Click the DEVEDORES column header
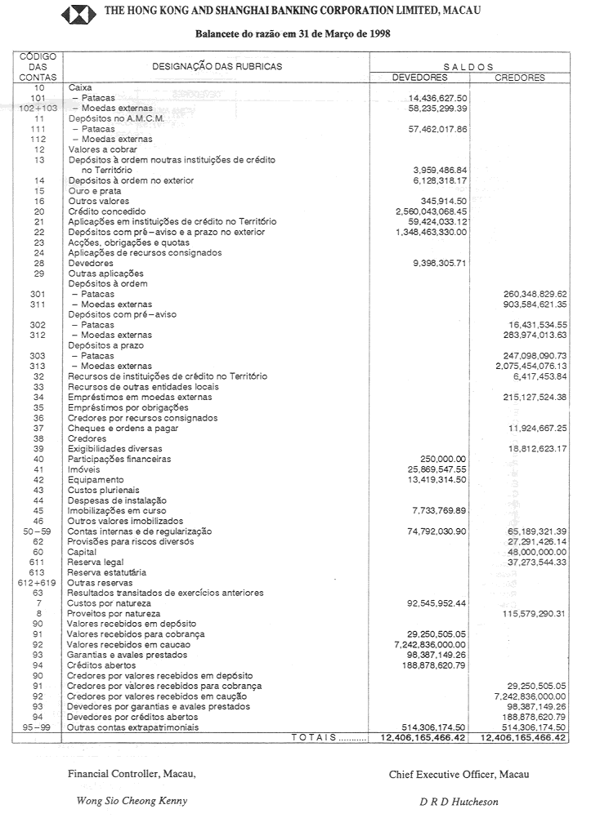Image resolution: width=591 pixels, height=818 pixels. [x=420, y=78]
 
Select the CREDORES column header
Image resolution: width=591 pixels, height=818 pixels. [x=519, y=78]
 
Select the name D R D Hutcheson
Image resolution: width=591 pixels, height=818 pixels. [x=459, y=802]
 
